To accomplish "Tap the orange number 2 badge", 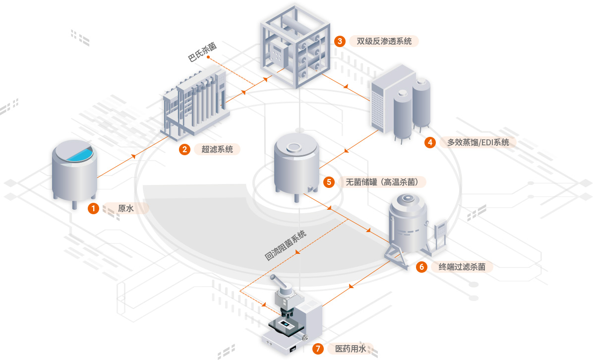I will tap(185, 149).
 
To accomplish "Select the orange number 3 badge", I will tap(340, 41).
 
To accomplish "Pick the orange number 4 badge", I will tap(430, 142).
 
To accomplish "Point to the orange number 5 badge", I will tap(329, 182).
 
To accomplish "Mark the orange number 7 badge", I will tap(318, 349).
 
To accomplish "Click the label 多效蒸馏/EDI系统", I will tap(477, 142).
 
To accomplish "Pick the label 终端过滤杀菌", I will tap(459, 267).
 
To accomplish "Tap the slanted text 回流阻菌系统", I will tap(285, 246).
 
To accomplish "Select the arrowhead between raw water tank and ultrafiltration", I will tap(134, 157).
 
